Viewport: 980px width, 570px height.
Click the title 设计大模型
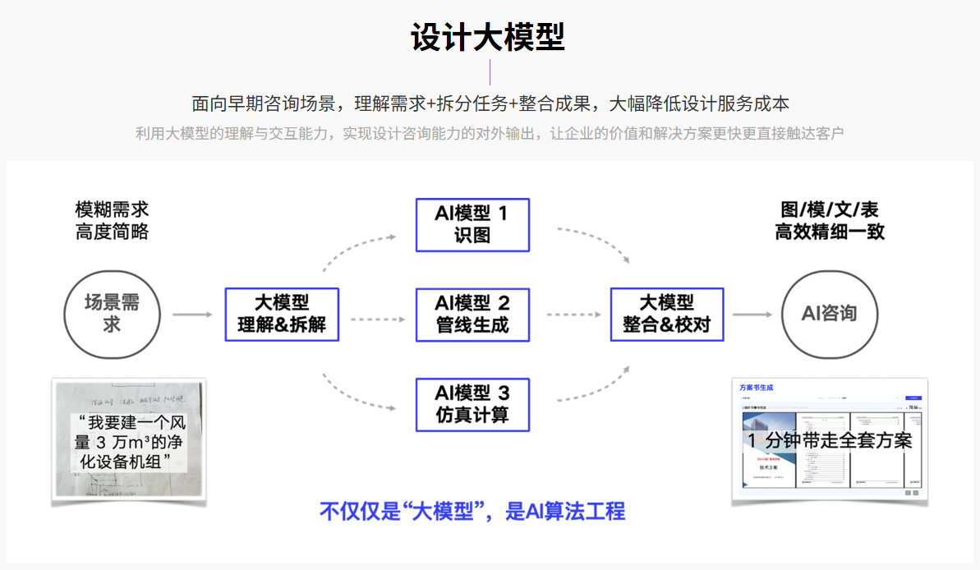click(x=489, y=38)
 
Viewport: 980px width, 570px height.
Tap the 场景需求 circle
click(x=112, y=313)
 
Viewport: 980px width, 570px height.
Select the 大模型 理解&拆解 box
click(x=282, y=314)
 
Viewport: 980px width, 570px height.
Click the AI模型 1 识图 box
click(x=472, y=224)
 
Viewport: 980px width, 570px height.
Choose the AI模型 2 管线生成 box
click(x=472, y=314)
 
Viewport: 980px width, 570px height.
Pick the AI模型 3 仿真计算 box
click(x=472, y=404)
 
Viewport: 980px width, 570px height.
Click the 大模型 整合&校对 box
click(x=666, y=314)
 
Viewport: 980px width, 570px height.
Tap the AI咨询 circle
click(x=829, y=313)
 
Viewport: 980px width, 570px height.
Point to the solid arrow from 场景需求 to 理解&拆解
click(x=193, y=315)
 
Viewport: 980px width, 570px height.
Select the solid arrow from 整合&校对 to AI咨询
click(x=752, y=315)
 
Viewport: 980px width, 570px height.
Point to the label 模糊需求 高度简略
click(x=112, y=220)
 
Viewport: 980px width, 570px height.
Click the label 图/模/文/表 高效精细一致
click(x=829, y=220)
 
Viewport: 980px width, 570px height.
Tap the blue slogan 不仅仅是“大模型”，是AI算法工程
click(x=472, y=512)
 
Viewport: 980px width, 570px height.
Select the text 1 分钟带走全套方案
click(x=829, y=441)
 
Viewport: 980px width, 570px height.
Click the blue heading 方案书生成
click(x=756, y=388)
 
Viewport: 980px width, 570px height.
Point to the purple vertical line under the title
click(x=490, y=72)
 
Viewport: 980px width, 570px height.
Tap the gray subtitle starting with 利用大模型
click(x=489, y=133)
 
